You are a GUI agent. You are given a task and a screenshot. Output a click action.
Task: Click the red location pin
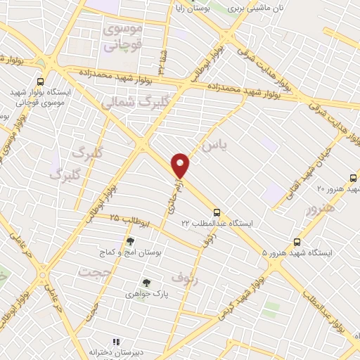pos(181,165)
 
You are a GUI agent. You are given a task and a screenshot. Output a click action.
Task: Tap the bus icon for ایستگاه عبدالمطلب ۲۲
pos(217,212)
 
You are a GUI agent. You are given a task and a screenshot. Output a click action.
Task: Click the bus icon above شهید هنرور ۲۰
pos(353,178)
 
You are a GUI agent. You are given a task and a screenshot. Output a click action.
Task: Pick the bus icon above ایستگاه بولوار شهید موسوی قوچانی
pos(40,81)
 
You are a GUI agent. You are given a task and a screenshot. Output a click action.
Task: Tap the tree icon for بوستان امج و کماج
pos(130,241)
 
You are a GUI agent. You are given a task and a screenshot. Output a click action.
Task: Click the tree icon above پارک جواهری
pos(146,283)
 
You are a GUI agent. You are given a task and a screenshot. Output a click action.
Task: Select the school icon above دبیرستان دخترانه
pos(107,342)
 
